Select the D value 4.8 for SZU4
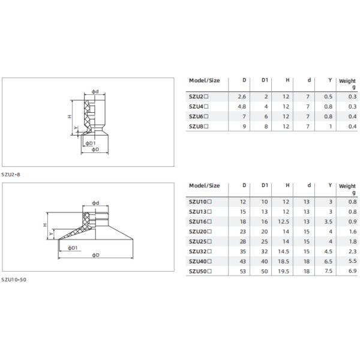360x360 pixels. [242, 106]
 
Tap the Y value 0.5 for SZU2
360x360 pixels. [328, 96]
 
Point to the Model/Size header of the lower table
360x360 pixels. [205, 185]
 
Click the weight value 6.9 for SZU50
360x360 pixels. [352, 272]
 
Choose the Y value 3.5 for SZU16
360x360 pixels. [328, 221]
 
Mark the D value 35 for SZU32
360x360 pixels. [243, 251]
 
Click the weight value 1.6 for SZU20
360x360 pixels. [352, 231]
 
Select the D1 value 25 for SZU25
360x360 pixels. [265, 241]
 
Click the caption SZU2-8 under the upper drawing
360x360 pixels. [10, 174]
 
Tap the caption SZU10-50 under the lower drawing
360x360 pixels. [14, 280]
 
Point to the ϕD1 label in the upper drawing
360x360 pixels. [89, 143]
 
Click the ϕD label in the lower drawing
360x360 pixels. [96, 255]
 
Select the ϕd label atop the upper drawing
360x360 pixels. [95, 91]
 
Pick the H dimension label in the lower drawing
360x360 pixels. [44, 225]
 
